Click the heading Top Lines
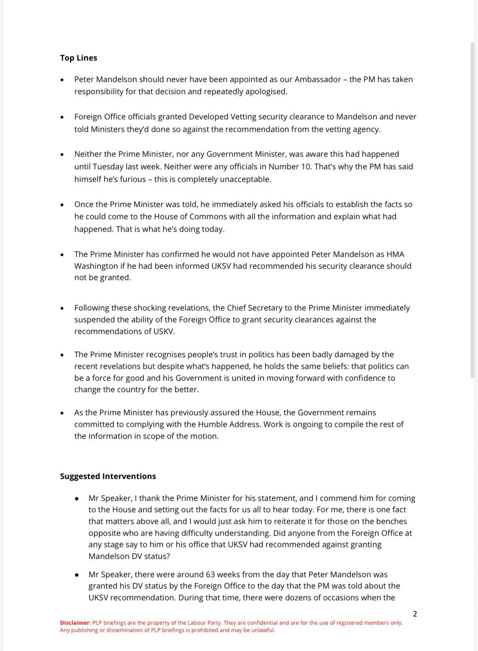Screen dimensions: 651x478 [78, 58]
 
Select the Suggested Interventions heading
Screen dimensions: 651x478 [108, 476]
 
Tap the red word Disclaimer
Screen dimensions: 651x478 [75, 623]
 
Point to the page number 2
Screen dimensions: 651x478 [415, 614]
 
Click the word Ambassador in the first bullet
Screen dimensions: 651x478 [317, 79]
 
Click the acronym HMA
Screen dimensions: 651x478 [393, 254]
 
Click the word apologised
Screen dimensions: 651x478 [266, 91]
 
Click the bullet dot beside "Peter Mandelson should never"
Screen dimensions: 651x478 [62, 80]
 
